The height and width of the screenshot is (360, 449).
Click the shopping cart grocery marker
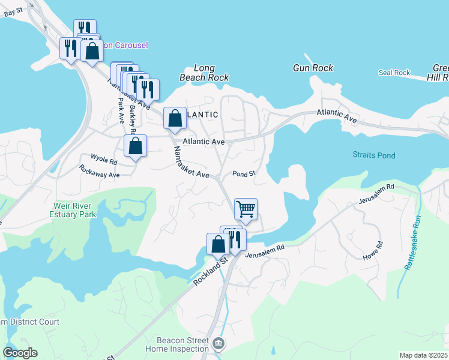246,209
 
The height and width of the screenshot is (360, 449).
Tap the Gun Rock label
313,68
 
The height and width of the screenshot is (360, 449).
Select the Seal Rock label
394,73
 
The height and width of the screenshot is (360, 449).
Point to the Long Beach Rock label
205,73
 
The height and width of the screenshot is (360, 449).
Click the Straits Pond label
374,155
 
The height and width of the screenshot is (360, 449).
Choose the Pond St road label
244,173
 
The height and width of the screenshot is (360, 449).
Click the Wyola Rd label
103,159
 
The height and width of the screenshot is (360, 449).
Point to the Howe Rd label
373,251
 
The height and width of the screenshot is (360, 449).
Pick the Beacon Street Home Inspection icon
218,344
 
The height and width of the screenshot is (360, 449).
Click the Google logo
20,353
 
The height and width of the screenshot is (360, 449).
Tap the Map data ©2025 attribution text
423,355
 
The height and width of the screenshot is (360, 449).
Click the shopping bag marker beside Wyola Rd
136,146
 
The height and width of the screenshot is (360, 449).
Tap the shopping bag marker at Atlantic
175,118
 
